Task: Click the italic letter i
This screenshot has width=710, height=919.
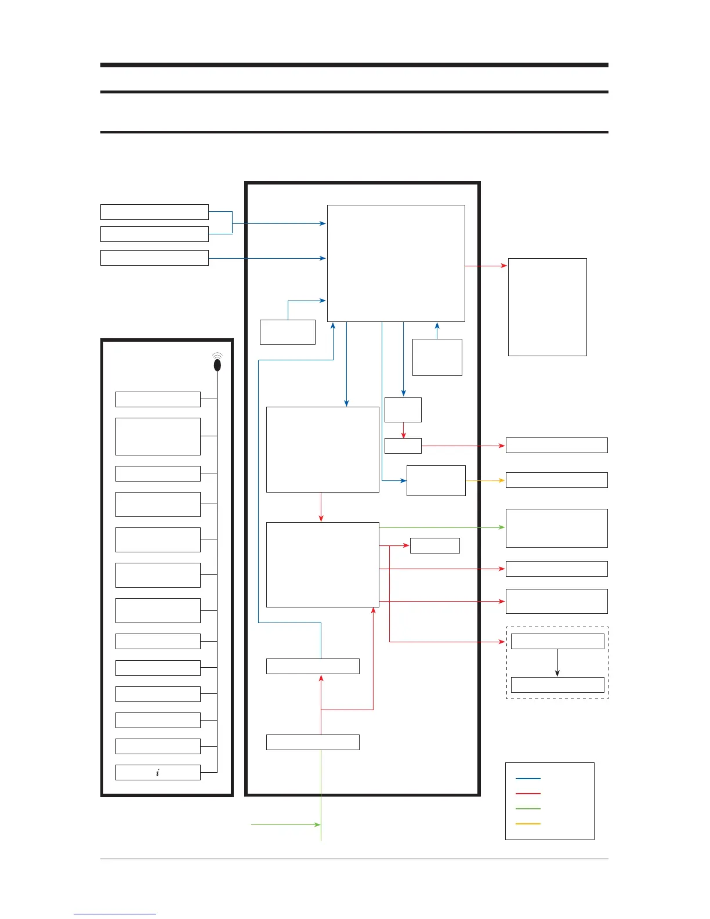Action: pos(158,773)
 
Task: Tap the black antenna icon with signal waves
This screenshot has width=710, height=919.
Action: pos(218,364)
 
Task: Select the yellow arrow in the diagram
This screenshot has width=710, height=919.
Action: pos(485,480)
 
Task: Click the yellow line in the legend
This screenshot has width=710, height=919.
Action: pos(528,824)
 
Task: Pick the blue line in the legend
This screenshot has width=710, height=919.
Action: pos(528,779)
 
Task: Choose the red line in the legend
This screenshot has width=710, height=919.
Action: pos(528,794)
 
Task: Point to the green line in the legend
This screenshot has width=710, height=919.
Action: pos(528,809)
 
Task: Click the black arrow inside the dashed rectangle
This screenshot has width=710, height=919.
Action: pos(557,663)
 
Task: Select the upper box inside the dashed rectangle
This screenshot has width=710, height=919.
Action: pos(557,641)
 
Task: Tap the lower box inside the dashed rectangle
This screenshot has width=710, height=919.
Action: pos(557,685)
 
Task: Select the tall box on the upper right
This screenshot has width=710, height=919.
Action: pos(547,307)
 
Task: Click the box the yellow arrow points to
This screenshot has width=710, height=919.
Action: pos(556,480)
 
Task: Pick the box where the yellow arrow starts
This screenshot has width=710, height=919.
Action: pos(436,480)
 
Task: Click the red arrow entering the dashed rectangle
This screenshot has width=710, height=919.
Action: pos(447,642)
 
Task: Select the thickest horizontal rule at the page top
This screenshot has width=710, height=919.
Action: pos(354,65)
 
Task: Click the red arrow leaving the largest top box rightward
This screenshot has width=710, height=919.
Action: pos(486,266)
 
